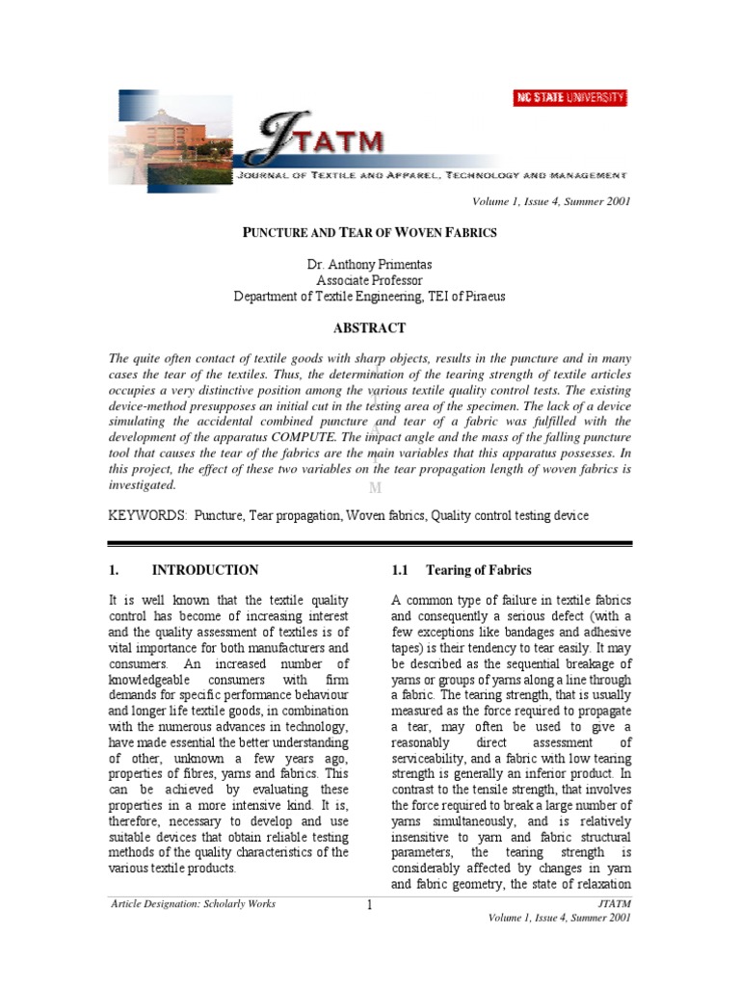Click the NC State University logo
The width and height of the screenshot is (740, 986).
568,98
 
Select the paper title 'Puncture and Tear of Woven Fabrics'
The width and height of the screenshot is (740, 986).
369,233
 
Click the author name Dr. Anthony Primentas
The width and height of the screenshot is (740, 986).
369,264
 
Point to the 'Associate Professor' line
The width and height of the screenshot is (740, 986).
369,280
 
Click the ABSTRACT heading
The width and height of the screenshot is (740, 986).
369,328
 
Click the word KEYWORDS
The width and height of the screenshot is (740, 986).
147,516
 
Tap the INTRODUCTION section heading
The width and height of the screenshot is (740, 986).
204,570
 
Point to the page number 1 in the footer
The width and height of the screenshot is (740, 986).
369,906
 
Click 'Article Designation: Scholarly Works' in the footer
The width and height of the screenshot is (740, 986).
193,903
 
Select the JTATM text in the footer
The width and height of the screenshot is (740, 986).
614,903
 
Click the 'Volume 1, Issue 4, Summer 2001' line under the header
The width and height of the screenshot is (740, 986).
550,200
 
